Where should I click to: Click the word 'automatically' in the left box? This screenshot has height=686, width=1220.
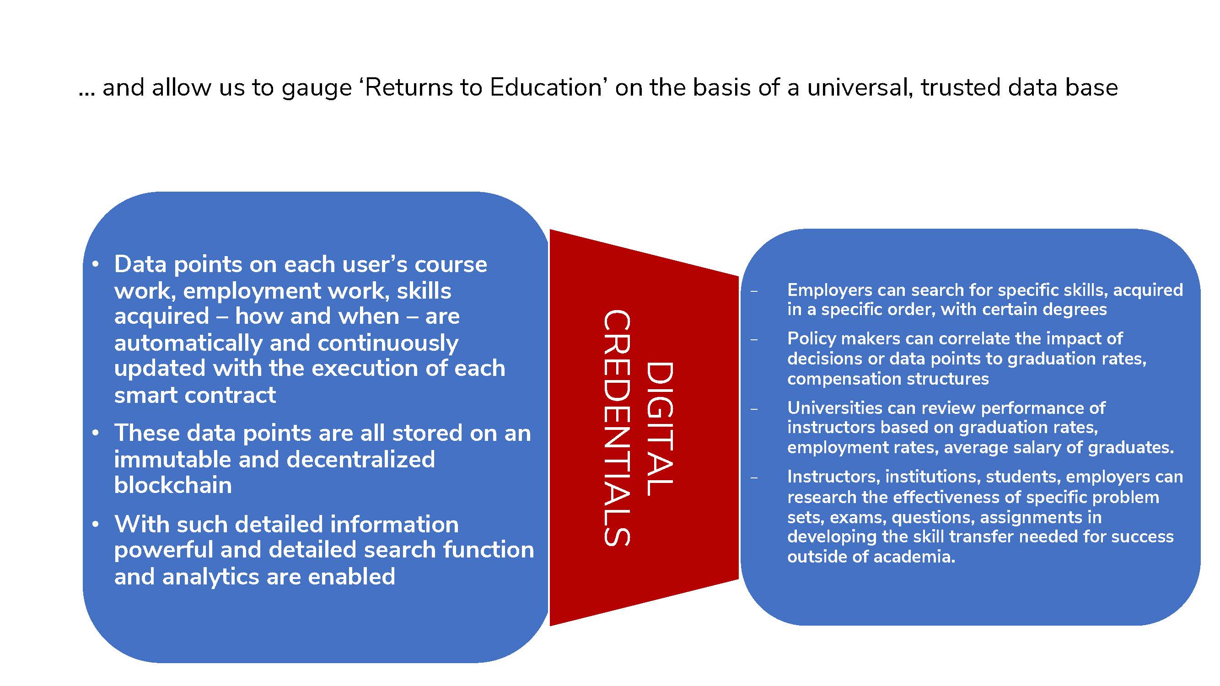point(188,343)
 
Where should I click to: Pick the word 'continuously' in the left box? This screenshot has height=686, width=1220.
point(388,343)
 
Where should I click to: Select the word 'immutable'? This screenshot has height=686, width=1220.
point(172,459)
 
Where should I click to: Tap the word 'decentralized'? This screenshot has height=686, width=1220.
point(360,459)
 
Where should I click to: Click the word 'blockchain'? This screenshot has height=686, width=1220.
point(173,485)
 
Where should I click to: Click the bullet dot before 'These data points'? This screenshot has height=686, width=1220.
point(96,433)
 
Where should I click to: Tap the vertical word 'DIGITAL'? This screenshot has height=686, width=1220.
point(659,429)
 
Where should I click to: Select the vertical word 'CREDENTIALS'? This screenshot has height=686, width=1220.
point(617,428)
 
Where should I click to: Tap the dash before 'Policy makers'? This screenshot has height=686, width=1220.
point(754,339)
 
